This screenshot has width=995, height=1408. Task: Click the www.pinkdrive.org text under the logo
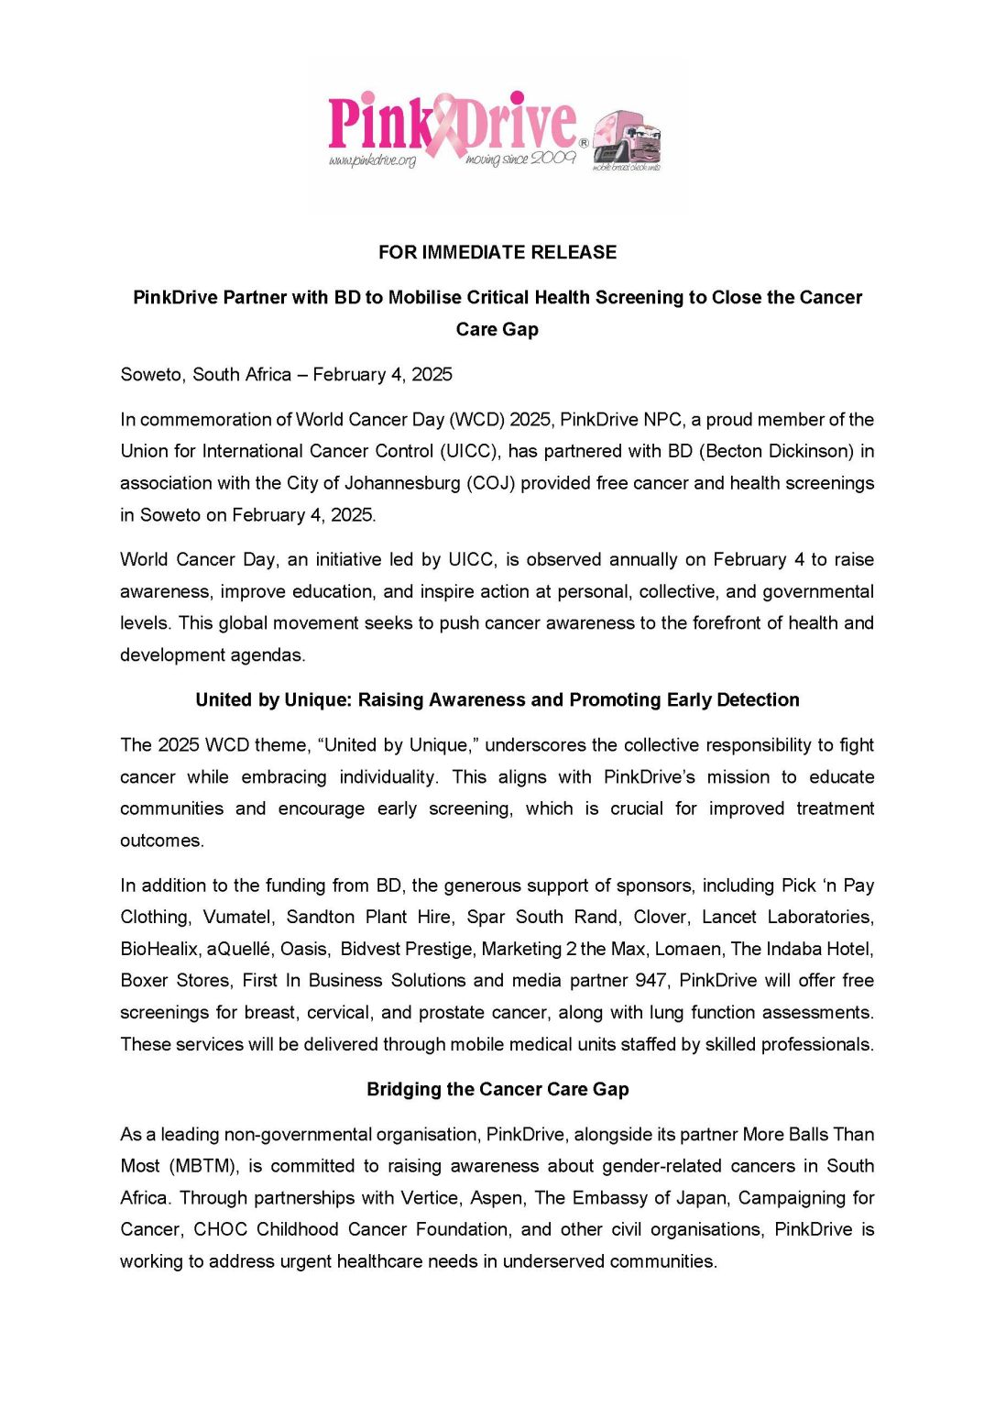coord(372,161)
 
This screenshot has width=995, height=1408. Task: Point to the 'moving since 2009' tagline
coord(520,159)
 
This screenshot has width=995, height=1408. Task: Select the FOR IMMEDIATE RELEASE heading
coord(497,252)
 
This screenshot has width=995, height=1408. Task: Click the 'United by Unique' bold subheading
coord(497,700)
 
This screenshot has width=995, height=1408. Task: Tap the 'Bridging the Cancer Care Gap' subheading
coord(497,1090)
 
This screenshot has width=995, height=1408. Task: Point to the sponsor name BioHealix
coord(159,949)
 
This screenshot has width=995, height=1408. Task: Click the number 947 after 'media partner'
coord(651,981)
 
